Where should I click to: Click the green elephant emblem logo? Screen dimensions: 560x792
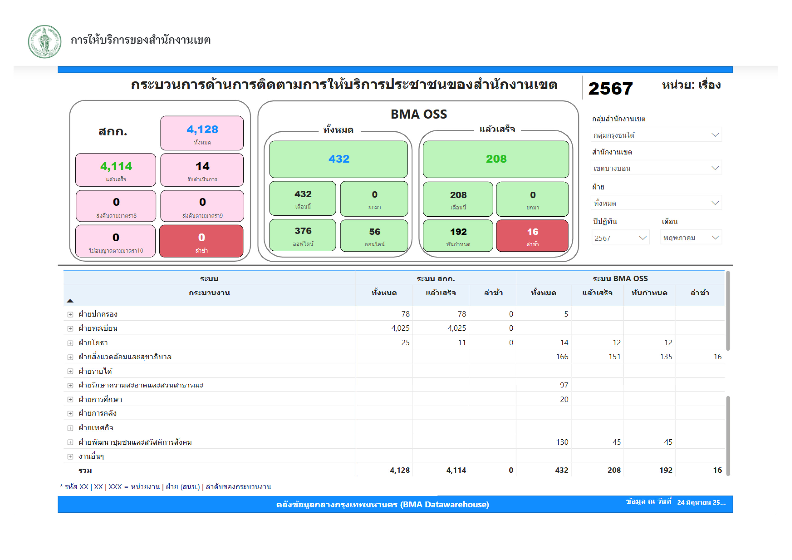point(44,41)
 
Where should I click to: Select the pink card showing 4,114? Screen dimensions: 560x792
point(116,170)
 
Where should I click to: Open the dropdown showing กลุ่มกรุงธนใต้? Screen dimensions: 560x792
point(656,135)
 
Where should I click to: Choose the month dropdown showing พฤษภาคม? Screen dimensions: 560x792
point(691,238)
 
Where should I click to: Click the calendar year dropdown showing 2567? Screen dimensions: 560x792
point(620,238)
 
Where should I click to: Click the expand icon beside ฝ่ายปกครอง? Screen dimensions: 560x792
point(70,314)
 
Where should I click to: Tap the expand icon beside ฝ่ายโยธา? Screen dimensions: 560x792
point(70,343)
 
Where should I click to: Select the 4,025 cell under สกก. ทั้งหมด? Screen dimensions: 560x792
point(400,328)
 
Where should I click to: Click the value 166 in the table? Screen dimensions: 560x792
point(562,357)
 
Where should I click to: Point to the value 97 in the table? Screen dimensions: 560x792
point(564,385)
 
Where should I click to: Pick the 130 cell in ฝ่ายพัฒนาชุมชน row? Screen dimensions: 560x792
point(562,442)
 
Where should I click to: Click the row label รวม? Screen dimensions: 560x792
point(85,471)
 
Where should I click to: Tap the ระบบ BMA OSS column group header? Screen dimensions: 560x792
point(620,279)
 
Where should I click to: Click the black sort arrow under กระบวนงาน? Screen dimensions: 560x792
point(70,301)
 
